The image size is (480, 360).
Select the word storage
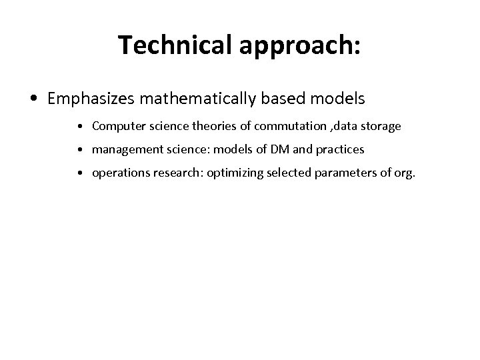381,125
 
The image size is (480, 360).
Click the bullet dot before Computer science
79,126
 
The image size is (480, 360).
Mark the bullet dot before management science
79,151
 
